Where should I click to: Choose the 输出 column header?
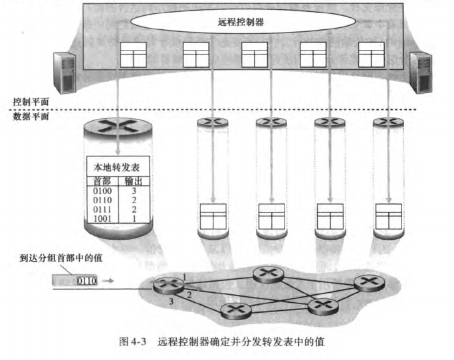point(134,181)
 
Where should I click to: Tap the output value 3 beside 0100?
point(134,191)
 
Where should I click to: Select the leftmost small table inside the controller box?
point(136,55)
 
